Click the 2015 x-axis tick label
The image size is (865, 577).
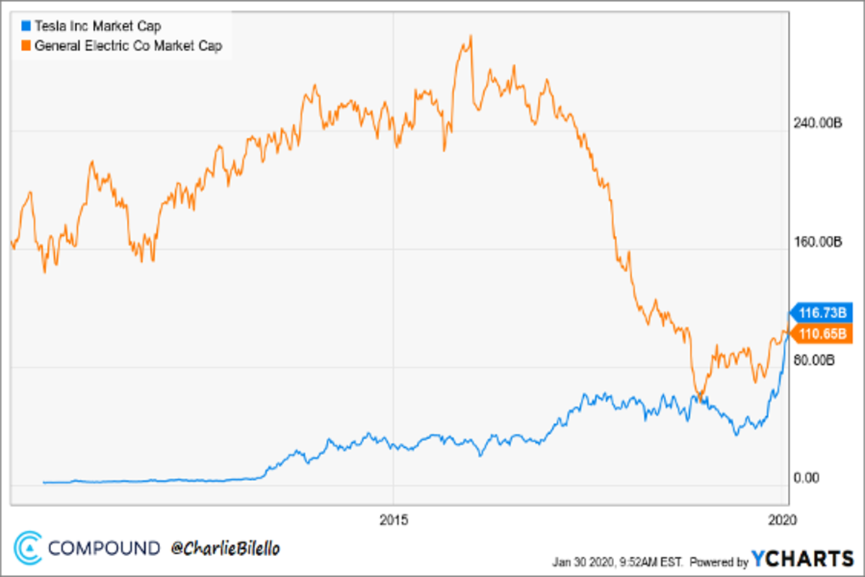point(393,519)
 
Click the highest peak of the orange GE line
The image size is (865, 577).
point(470,35)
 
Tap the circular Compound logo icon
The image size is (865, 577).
point(29,547)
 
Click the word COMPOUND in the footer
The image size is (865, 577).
point(105,548)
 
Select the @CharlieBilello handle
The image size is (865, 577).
point(225,548)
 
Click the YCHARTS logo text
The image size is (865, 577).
point(802,559)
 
